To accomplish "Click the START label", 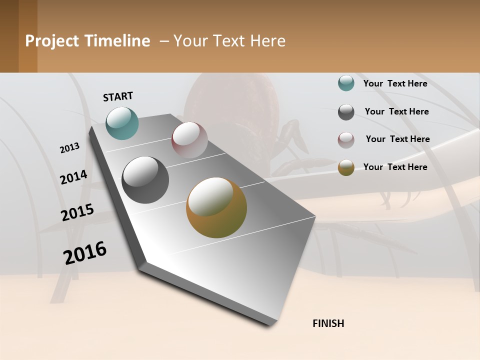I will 118,96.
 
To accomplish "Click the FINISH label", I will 328,323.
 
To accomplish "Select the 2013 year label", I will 69,148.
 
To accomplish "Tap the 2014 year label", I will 73,177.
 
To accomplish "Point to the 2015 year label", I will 77,212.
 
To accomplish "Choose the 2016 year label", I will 85,253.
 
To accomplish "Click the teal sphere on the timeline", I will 122,123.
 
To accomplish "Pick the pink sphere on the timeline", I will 189,140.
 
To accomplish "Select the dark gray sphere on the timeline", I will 145,180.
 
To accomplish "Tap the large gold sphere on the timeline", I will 216,207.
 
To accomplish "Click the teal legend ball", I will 346,83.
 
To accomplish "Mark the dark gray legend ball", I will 346,112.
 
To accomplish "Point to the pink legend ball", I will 346,140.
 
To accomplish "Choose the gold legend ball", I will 346,167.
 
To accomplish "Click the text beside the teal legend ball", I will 395,83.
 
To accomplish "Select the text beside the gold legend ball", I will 395,167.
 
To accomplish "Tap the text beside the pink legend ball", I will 397,139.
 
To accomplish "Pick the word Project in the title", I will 51,41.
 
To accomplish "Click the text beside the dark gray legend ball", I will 397,111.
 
